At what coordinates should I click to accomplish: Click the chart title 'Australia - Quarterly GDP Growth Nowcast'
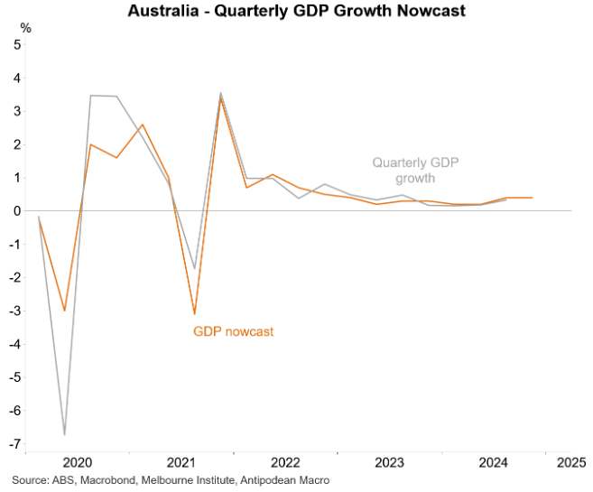point(296,11)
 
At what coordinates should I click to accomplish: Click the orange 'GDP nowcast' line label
point(233,331)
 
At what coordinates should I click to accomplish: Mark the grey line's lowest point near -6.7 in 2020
point(64,434)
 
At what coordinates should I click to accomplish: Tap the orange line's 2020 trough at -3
point(64,311)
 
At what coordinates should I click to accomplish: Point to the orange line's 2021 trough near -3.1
point(194,314)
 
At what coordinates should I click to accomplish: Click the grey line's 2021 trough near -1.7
point(194,268)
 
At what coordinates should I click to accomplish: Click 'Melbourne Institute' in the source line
point(200,480)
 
